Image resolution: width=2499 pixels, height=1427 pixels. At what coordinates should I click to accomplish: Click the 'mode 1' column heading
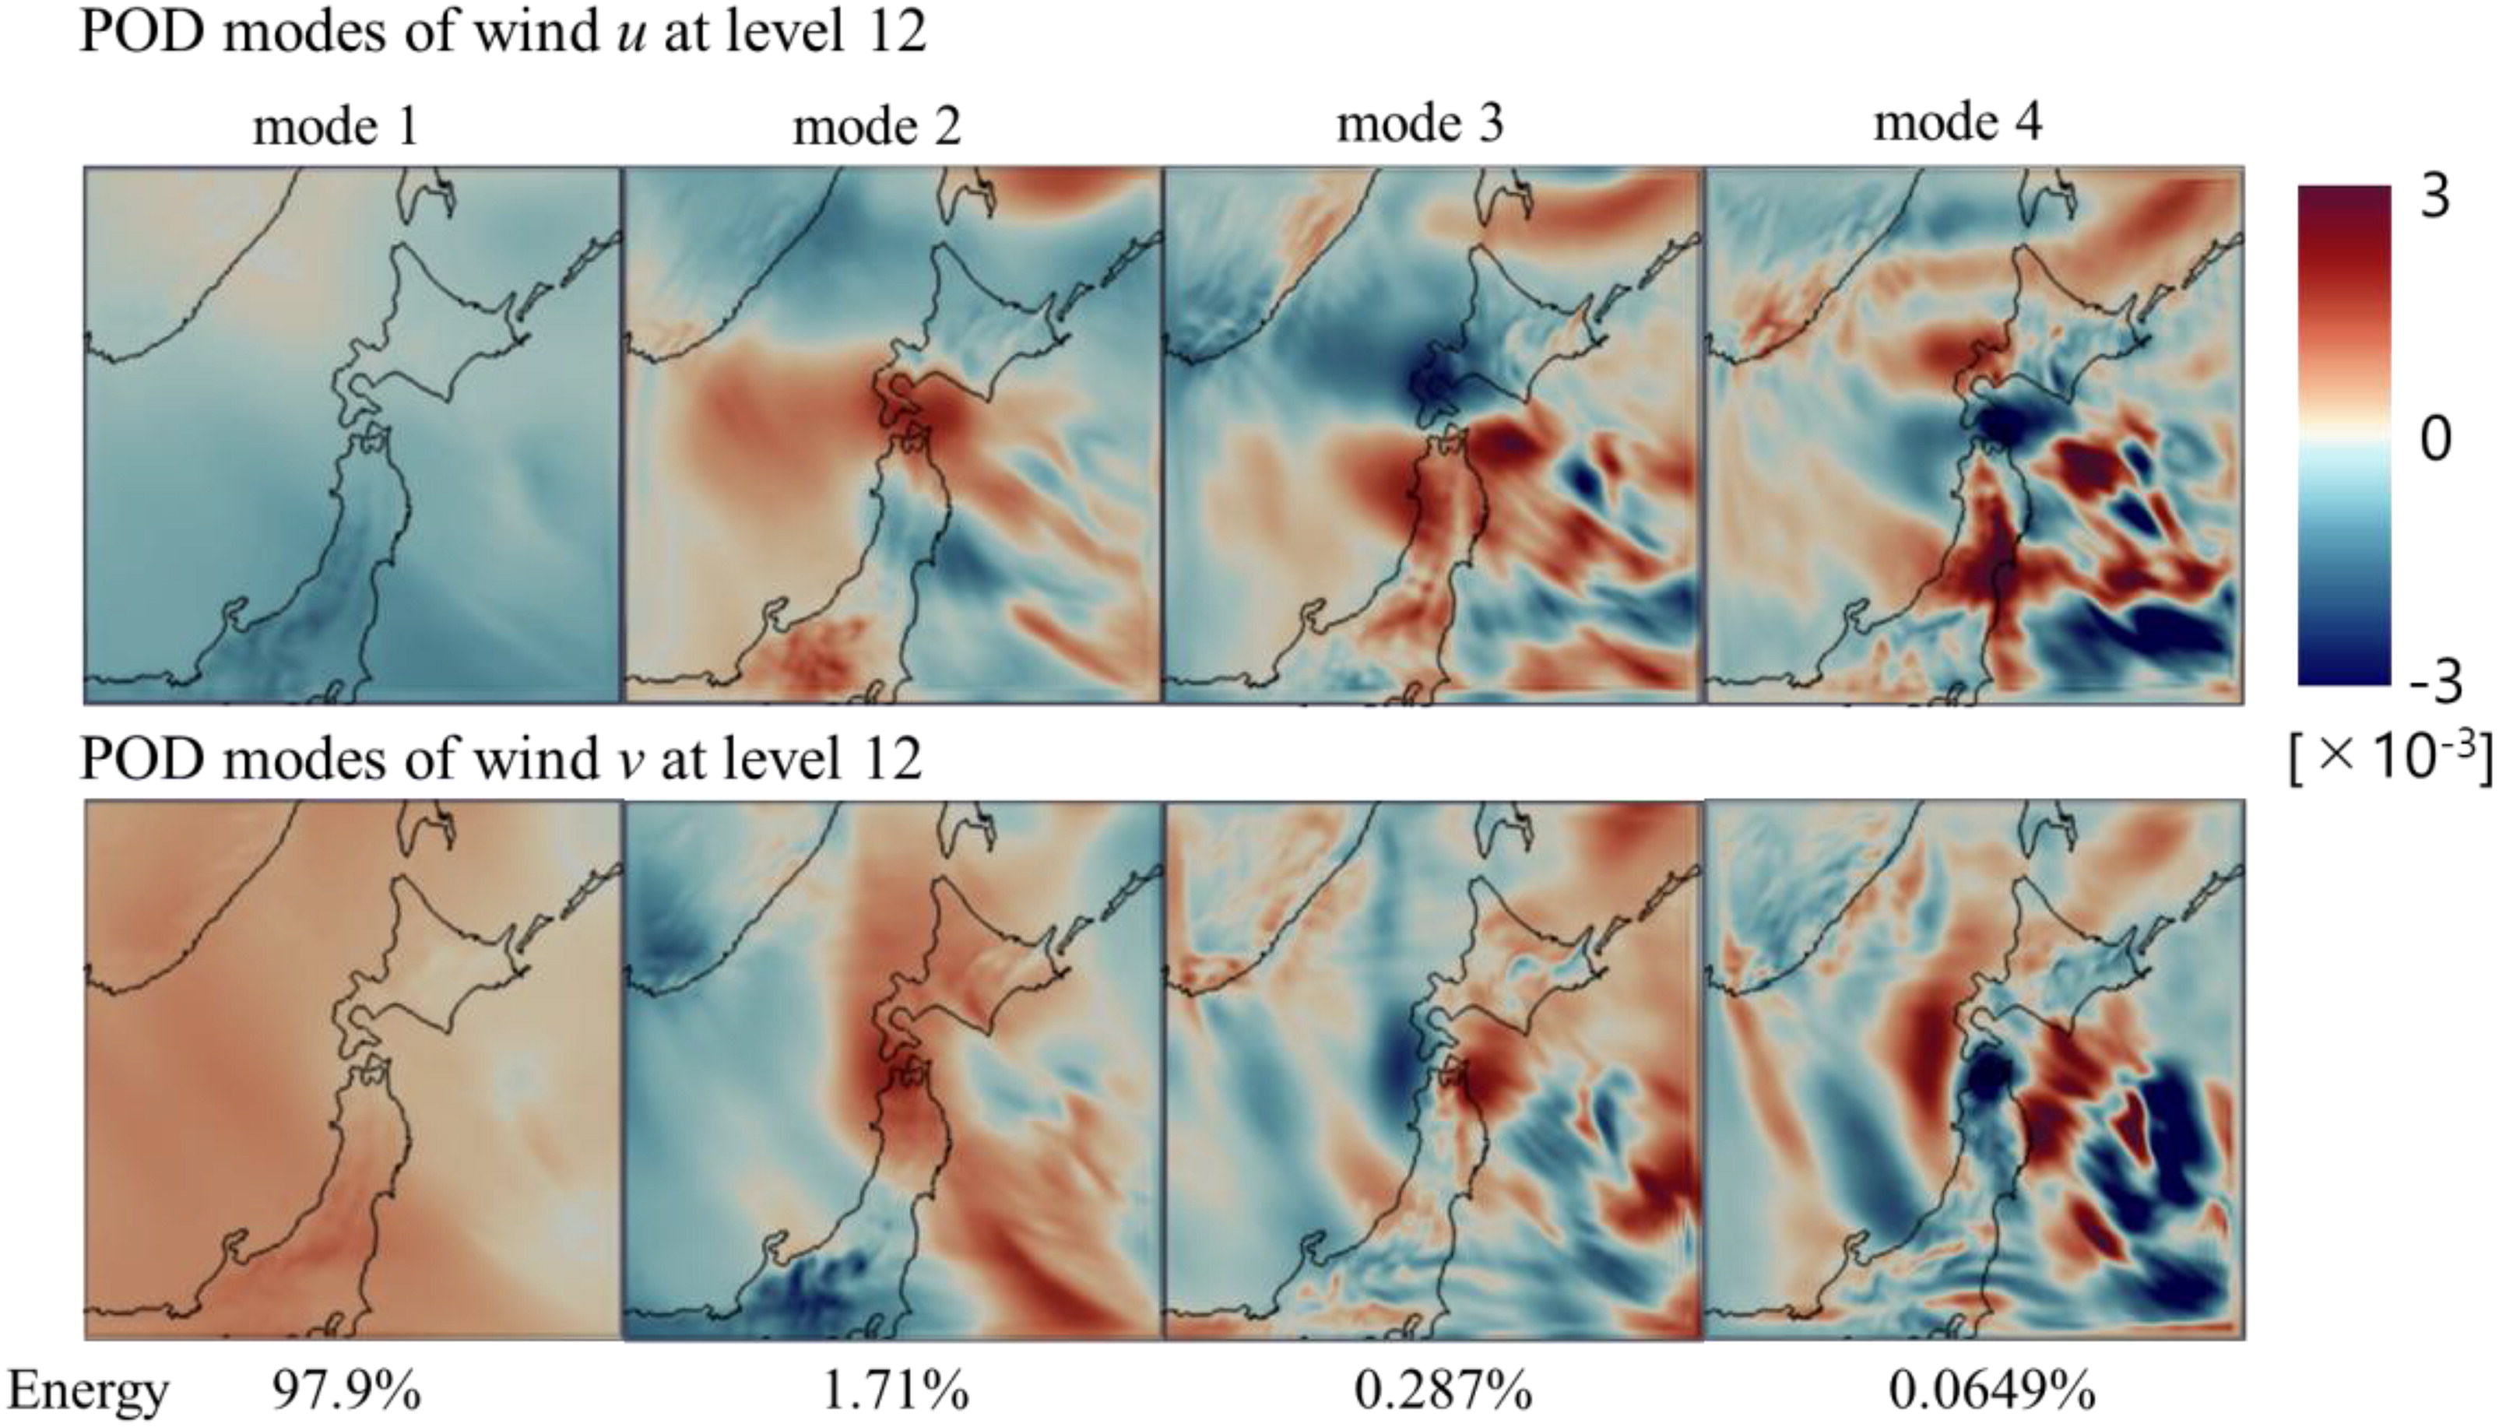[x=336, y=126]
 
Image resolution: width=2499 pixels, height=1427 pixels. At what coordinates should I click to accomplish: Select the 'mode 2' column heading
[x=877, y=126]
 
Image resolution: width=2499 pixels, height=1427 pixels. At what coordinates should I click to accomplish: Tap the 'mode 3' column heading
[x=1420, y=125]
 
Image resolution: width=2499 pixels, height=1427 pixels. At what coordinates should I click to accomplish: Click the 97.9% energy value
[x=346, y=1390]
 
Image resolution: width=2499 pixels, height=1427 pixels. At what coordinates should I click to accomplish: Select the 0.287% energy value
[x=1443, y=1390]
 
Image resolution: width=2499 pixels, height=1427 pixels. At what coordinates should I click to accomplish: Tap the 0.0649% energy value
[x=1991, y=1390]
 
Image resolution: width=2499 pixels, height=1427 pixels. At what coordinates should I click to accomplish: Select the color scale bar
[x=2343, y=434]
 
